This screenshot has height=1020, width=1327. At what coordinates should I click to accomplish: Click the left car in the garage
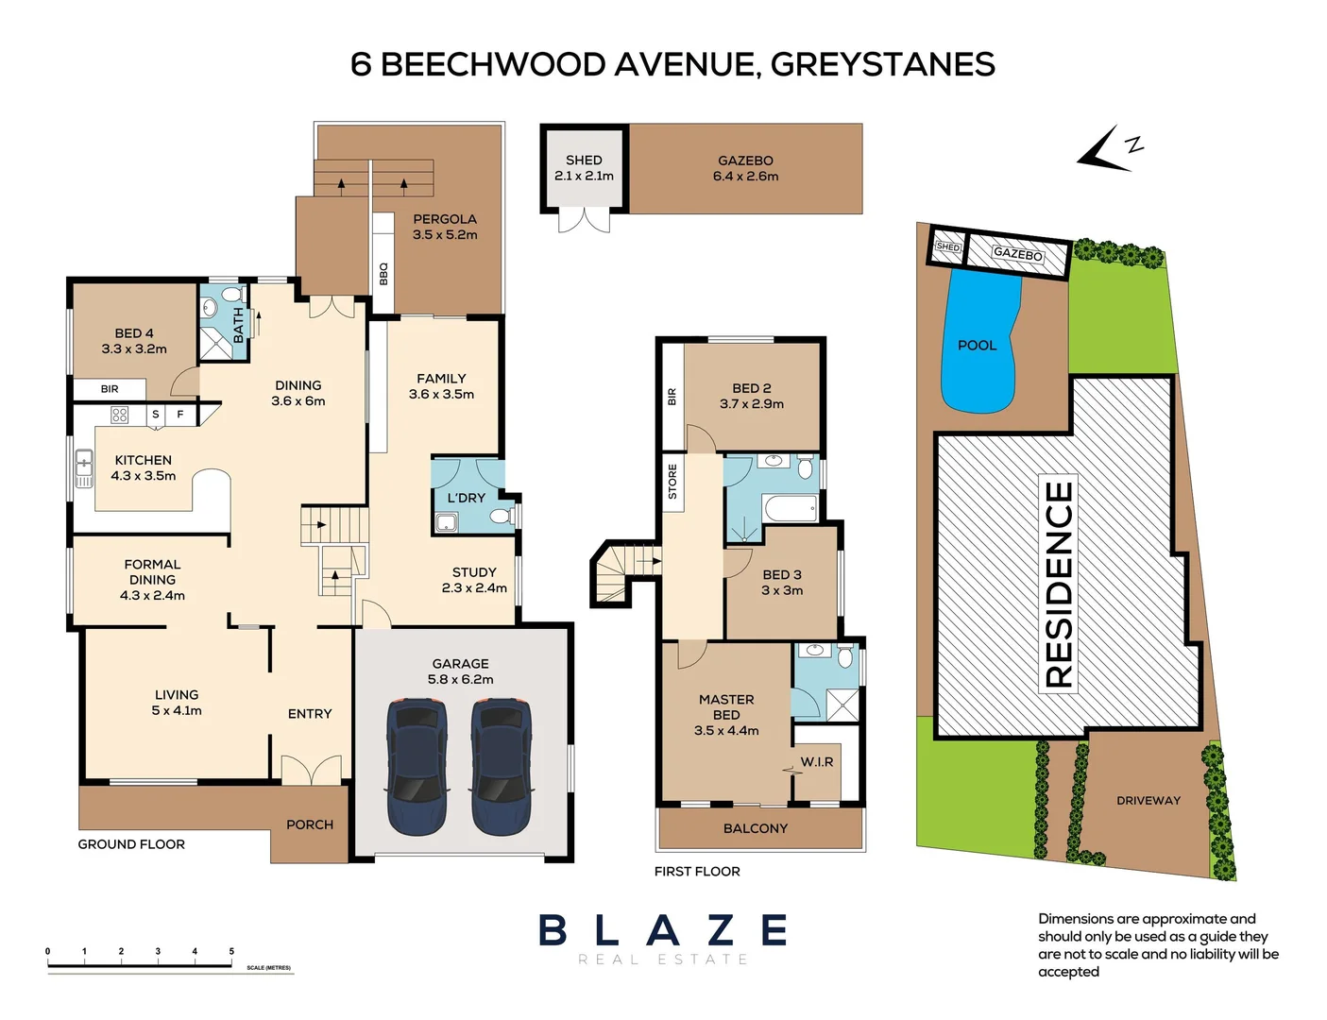pyautogui.click(x=417, y=766)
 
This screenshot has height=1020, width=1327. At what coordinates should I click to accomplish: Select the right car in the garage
pyautogui.click(x=501, y=766)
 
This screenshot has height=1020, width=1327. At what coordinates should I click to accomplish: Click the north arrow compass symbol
pyautogui.click(x=1108, y=150)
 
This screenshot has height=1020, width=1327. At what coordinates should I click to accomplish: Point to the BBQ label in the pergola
pyautogui.click(x=383, y=274)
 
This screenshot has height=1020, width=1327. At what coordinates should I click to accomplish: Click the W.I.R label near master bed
pyautogui.click(x=817, y=762)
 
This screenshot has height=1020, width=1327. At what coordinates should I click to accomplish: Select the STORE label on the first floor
pyautogui.click(x=672, y=482)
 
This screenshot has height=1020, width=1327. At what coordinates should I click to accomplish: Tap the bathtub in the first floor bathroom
pyautogui.click(x=790, y=510)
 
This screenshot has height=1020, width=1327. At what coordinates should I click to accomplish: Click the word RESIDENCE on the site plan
pyautogui.click(x=1059, y=584)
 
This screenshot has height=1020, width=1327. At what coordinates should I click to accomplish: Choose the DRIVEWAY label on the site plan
pyautogui.click(x=1148, y=801)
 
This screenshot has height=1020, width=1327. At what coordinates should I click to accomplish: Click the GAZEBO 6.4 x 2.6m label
pyautogui.click(x=745, y=168)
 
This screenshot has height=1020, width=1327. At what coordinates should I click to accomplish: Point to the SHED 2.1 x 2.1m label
pyautogui.click(x=584, y=168)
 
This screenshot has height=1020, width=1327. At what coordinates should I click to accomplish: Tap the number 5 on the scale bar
pyautogui.click(x=231, y=952)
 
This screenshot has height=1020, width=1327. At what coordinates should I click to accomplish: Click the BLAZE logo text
pyautogui.click(x=663, y=931)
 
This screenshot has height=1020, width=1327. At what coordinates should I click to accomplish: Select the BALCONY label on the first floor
pyautogui.click(x=755, y=828)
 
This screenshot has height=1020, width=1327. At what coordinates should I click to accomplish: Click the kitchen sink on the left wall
pyautogui.click(x=84, y=466)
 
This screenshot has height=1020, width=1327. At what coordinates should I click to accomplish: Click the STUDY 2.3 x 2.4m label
pyautogui.click(x=474, y=580)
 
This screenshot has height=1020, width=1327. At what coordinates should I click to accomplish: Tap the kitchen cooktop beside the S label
pyautogui.click(x=120, y=415)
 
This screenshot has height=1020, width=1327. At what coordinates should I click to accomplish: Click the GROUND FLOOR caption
pyautogui.click(x=131, y=844)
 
